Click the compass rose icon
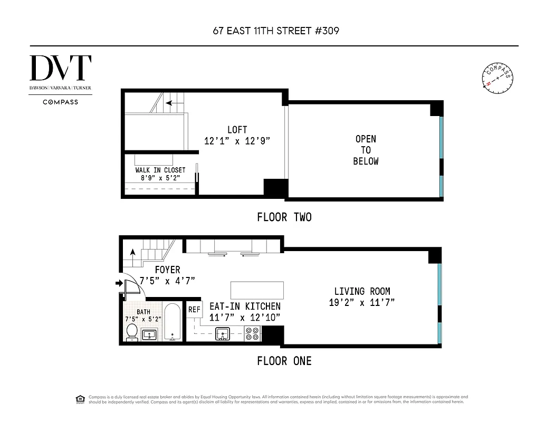pos(497,78)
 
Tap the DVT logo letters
pos(61,68)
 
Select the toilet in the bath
pos(132,332)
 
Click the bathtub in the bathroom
pos(173,322)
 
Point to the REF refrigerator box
pos(194,310)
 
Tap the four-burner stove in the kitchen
pos(253,333)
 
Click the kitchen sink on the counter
pos(223,333)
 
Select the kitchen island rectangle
pos(257,290)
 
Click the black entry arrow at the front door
pos(118,284)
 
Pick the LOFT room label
pos(237,130)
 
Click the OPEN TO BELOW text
pos(366,150)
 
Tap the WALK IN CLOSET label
pos(160,170)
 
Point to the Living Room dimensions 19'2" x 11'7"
pos(362,302)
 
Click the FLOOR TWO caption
pos(284,217)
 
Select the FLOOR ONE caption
pos(284,361)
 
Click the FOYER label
pos(167,270)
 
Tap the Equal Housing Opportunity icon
pos(80,398)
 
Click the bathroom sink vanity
pos(149,334)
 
